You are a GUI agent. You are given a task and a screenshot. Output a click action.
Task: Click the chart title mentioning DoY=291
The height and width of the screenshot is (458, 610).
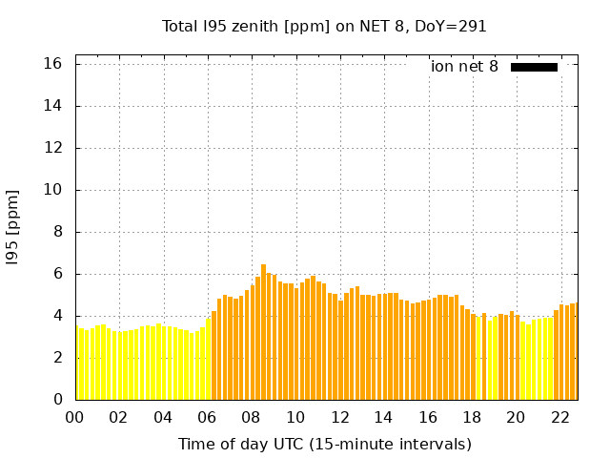[x=324, y=26]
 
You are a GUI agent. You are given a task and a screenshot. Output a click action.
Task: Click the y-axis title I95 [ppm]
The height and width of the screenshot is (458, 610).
[x=13, y=227]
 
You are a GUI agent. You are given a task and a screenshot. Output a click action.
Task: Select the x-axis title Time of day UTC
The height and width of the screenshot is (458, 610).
[x=324, y=444]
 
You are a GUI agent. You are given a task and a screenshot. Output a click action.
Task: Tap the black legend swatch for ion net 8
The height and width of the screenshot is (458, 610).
[x=534, y=67]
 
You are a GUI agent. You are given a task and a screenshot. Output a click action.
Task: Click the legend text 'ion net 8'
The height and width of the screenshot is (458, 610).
[x=464, y=67]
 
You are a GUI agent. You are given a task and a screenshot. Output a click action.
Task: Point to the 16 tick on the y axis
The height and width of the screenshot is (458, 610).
[x=52, y=64]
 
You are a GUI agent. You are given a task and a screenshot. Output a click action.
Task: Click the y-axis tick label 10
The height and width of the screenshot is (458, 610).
[x=52, y=190]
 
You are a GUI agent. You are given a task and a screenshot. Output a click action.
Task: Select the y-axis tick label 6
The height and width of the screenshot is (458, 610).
[x=57, y=274]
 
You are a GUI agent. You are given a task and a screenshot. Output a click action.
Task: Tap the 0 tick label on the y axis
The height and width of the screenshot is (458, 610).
[x=57, y=400]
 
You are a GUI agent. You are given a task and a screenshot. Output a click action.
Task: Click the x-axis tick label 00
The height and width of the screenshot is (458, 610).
[x=74, y=418]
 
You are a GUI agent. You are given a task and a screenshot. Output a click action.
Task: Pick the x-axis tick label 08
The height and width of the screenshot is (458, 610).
[x=251, y=418]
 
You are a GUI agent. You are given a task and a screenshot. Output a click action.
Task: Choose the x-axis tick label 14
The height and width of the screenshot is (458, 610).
[x=383, y=418]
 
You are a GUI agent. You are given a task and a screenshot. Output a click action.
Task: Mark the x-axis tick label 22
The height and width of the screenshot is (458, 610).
[x=559, y=418]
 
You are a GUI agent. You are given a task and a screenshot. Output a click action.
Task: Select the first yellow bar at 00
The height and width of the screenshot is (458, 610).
[x=77, y=364]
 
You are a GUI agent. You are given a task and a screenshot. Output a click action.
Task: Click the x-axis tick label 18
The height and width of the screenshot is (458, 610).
[x=471, y=418]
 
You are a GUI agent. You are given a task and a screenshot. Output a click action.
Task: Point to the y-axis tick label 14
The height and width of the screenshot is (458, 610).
[x=52, y=106]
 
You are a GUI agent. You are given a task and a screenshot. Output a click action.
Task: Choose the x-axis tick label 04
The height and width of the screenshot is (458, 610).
[x=163, y=418]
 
